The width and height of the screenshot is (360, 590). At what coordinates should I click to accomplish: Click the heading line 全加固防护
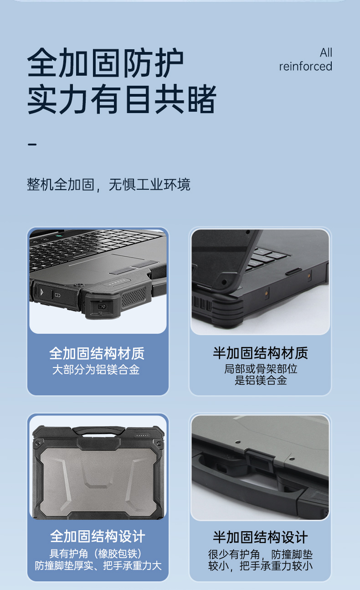pyautogui.click(x=106, y=63)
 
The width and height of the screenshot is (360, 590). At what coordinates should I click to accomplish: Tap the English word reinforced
pyautogui.click(x=305, y=67)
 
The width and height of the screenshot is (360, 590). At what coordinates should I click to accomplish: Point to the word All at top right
pyautogui.click(x=326, y=53)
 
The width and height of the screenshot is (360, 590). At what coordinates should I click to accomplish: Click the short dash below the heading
pyautogui.click(x=32, y=145)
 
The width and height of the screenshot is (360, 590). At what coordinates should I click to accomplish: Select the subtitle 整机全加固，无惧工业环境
pyautogui.click(x=108, y=185)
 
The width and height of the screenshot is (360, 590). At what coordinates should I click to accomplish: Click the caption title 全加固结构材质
pyautogui.click(x=97, y=353)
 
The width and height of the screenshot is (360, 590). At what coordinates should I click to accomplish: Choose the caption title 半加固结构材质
pyautogui.click(x=260, y=353)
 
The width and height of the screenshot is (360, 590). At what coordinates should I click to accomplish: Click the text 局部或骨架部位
pyautogui.click(x=260, y=369)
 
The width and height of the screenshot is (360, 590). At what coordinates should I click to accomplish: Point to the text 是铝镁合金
pyautogui.click(x=260, y=380)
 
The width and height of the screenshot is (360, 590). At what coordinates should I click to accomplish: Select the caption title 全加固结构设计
pyautogui.click(x=98, y=536)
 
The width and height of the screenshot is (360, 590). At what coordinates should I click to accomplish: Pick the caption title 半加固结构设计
pyautogui.click(x=260, y=537)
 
